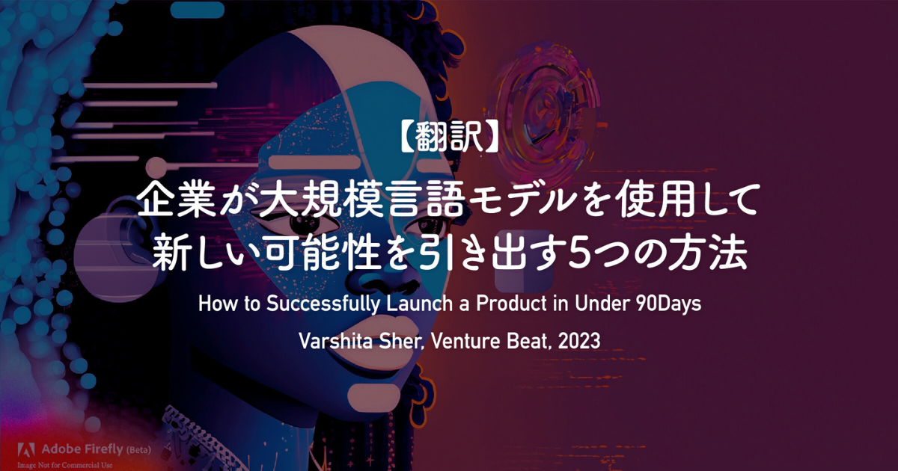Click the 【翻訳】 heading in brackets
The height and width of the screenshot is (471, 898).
tap(449, 137)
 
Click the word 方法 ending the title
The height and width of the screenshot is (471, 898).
tap(709, 252)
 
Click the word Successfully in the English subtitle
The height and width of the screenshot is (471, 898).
tap(323, 304)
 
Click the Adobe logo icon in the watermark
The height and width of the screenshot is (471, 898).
tap(26, 450)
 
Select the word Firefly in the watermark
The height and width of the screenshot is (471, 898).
tap(103, 450)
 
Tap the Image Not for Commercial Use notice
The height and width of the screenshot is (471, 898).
tap(65, 465)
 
